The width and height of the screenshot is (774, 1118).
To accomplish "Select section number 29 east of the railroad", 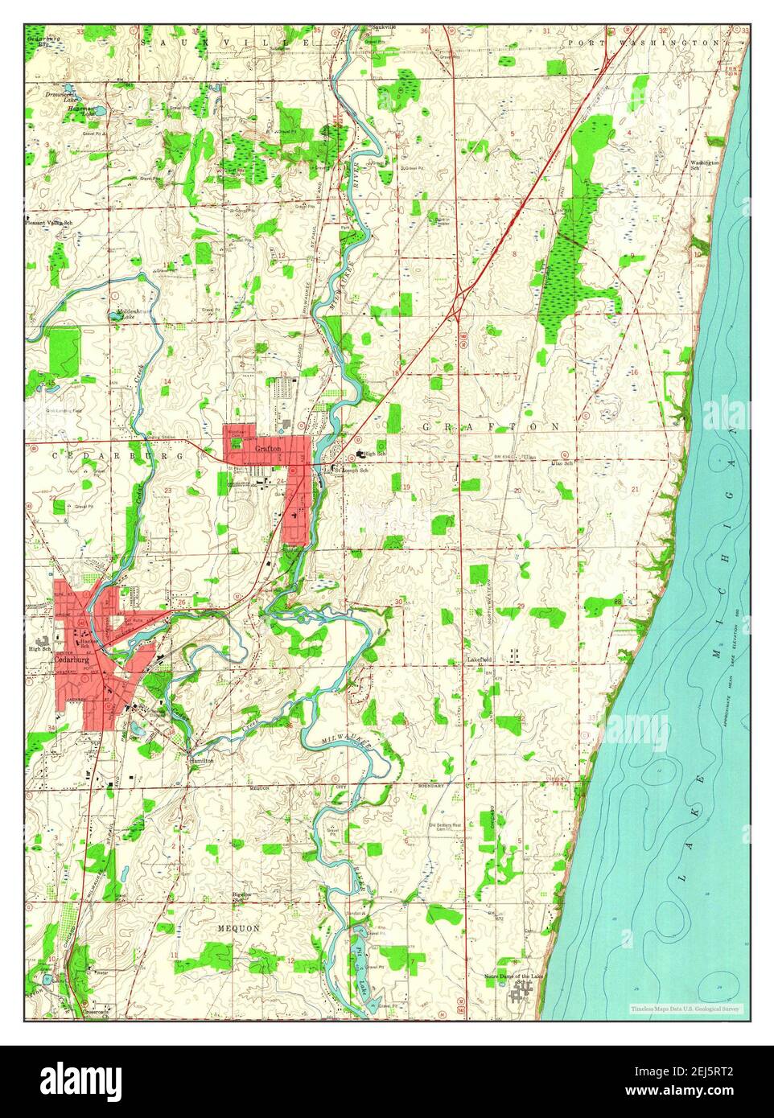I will pos(521,605).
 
